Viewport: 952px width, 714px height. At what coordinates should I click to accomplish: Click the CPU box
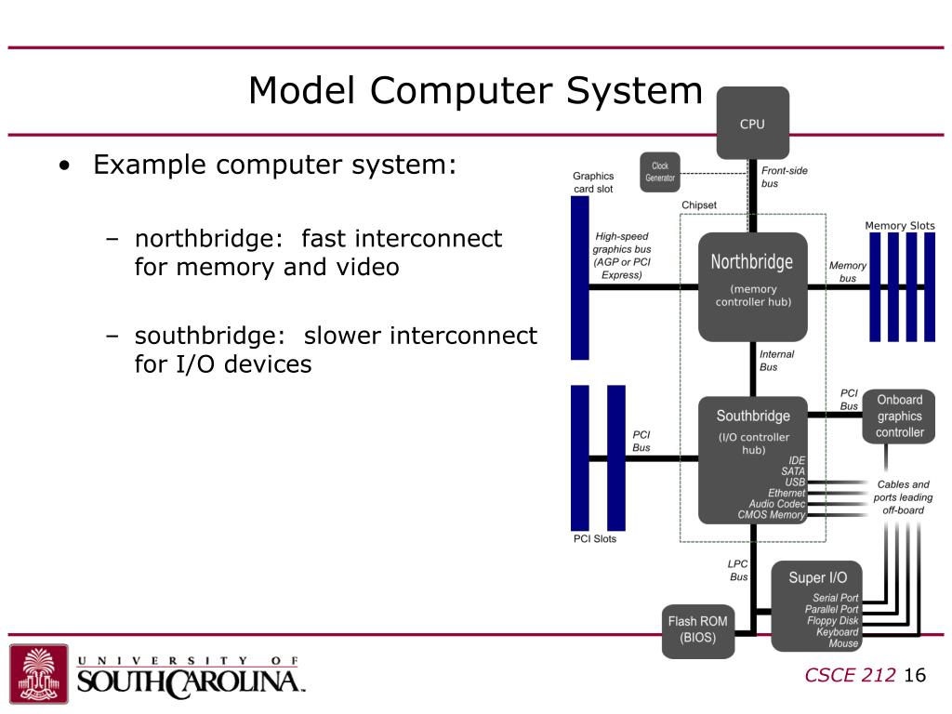point(752,123)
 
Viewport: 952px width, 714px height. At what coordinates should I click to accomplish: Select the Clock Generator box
point(660,172)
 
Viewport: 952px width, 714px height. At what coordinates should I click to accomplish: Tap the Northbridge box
point(752,284)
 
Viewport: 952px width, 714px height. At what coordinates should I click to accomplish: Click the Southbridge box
point(752,458)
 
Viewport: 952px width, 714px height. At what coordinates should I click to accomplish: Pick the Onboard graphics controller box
point(899,416)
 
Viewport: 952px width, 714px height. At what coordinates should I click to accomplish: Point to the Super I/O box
point(817,605)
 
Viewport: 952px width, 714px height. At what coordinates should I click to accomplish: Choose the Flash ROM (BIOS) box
point(697,629)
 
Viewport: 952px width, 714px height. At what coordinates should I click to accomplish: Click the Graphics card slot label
point(592,182)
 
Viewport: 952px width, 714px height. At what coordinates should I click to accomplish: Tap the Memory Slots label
point(899,226)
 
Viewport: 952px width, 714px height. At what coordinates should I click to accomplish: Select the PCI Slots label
point(594,538)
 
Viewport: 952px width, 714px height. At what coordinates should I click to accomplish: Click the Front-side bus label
point(784,177)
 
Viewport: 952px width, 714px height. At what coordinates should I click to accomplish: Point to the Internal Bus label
point(776,361)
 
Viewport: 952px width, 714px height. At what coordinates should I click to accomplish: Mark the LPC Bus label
point(738,570)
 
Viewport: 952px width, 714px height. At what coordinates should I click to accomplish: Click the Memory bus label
point(847,271)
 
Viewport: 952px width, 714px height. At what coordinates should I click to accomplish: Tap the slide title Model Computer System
point(475,91)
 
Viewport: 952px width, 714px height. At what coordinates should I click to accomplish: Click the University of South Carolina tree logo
point(38,673)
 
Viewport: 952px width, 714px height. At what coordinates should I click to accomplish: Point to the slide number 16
point(915,675)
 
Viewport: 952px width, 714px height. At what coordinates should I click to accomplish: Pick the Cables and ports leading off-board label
point(902,497)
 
